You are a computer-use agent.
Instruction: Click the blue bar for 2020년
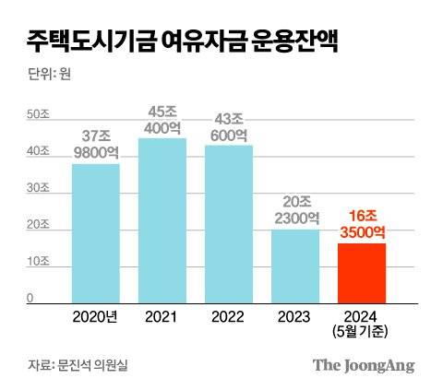[96, 232]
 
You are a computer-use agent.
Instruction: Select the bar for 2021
[162, 219]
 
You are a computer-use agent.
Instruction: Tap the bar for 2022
[229, 223]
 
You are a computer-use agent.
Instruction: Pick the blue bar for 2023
[295, 266]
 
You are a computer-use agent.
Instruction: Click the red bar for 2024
[362, 272]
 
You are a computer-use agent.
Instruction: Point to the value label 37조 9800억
[96, 143]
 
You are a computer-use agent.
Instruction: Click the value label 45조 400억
[162, 119]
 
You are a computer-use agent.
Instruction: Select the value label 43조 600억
[229, 126]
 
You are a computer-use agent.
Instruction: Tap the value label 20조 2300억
[295, 209]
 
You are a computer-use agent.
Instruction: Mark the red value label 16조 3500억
[362, 224]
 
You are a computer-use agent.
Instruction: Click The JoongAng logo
[363, 365]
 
